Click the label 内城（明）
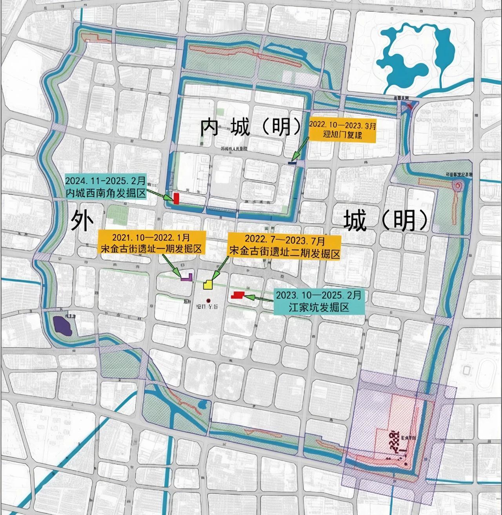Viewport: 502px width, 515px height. tap(251, 127)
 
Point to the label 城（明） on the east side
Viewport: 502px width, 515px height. tap(386, 220)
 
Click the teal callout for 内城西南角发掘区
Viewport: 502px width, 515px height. tap(105, 187)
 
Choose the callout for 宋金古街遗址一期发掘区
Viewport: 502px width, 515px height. tap(151, 243)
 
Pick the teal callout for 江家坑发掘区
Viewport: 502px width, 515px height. tap(318, 301)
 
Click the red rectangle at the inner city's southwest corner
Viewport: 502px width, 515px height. tap(177, 198)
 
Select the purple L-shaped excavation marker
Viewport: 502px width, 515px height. tap(187, 277)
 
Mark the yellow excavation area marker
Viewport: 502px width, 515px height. tap(207, 284)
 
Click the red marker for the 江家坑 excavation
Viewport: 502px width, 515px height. tap(238, 295)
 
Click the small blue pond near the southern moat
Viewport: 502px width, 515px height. tap(202, 404)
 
